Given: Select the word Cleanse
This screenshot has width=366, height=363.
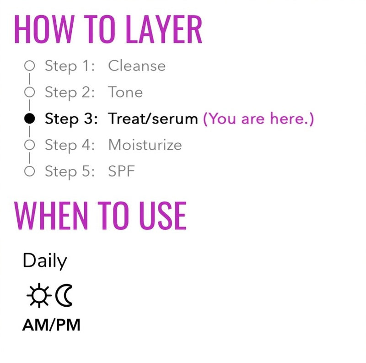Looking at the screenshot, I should point(137,66).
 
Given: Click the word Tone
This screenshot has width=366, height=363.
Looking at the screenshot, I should point(125,92).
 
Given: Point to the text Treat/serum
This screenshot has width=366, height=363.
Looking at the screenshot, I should point(153,119).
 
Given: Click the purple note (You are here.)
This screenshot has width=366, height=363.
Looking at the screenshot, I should point(258,119).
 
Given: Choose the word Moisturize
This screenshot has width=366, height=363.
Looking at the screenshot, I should point(145,146).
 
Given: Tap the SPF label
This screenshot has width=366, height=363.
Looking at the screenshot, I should point(122,172).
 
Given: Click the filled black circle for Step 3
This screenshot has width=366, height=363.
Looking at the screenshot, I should point(29,119).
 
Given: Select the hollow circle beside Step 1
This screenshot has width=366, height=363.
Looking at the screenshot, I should point(29,66).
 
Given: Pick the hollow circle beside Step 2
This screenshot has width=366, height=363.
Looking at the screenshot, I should point(29,92).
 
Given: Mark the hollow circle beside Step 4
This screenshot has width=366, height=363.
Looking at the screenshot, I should point(29,146).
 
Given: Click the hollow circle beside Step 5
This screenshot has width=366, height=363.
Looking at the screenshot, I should point(29,172).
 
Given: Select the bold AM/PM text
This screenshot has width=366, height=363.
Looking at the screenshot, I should point(51,325).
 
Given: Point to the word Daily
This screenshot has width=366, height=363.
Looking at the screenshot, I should point(45,261).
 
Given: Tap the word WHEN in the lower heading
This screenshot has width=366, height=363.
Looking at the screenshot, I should point(49,216).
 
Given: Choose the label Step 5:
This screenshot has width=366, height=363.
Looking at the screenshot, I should point(70,172).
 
